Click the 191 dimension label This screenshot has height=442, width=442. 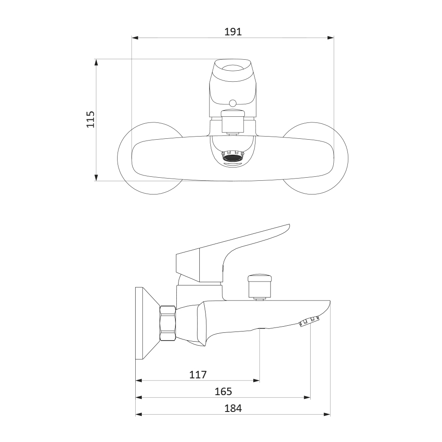233,32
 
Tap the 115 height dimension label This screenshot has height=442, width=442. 91,119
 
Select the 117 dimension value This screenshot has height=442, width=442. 198,375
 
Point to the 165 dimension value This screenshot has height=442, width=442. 223,392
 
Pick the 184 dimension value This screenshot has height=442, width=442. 233,408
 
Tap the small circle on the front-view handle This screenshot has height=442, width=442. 233,103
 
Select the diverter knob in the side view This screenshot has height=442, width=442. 259,287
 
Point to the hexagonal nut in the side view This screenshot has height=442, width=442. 168,324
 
